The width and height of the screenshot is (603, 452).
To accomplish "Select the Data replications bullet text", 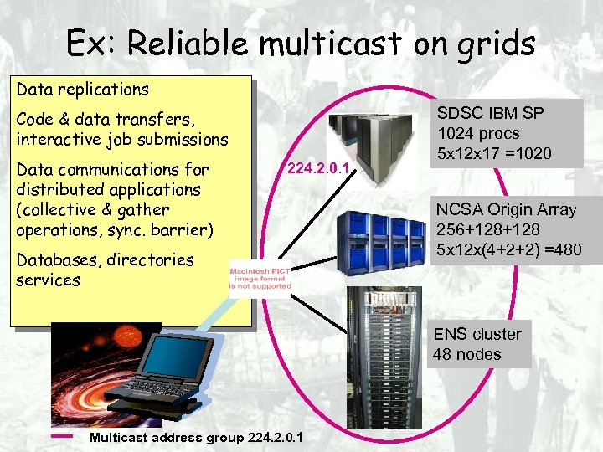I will (x=83, y=89).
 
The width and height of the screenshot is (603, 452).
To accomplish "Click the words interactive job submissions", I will (x=121, y=139).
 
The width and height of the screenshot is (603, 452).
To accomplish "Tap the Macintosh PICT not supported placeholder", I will (x=260, y=276).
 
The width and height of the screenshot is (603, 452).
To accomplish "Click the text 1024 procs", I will (x=477, y=133).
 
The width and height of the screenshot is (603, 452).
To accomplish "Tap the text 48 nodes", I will (x=466, y=354).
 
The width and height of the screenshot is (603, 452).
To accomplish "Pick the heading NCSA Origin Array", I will (x=505, y=209).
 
